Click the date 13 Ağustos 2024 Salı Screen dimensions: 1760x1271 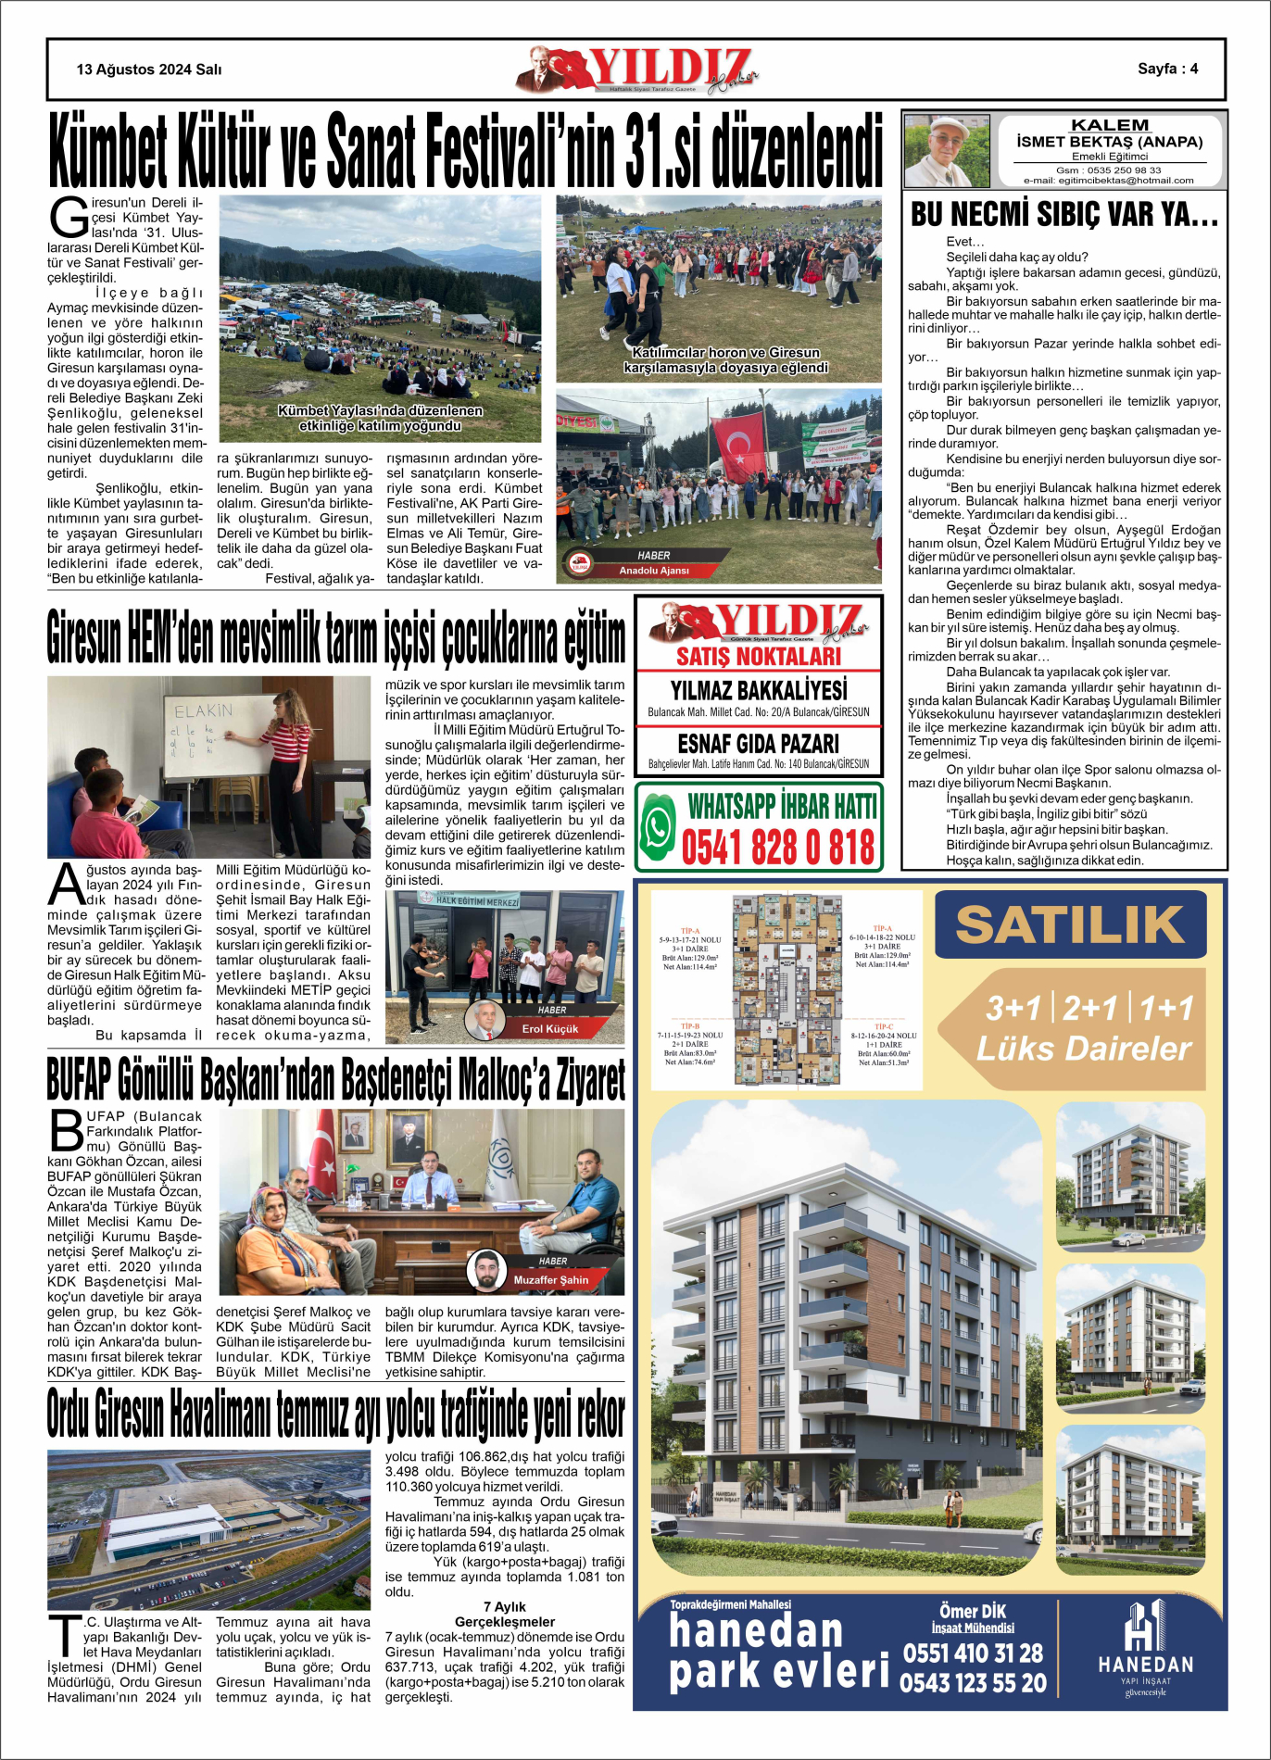pos(148,69)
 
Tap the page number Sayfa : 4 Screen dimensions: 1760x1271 pos(1167,69)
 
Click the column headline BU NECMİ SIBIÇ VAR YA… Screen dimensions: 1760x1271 pos(1064,214)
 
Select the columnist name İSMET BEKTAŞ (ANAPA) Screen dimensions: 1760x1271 pos(1109,142)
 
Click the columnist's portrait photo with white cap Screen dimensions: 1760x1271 pos(946,150)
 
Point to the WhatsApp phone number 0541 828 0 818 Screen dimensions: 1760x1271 pos(777,848)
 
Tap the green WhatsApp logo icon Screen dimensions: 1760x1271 pos(659,826)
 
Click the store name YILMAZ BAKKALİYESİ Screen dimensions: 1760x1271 pos(758,690)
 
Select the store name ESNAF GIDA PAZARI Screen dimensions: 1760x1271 pos(758,743)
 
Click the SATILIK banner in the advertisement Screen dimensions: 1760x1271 pos(1069,924)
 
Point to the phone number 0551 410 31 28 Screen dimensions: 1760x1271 pos(973,1653)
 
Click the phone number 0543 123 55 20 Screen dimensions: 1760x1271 pos(973,1682)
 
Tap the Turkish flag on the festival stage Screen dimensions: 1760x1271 pos(738,446)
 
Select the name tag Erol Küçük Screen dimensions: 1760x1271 pos(550,1028)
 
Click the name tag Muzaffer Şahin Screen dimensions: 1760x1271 pos(550,1279)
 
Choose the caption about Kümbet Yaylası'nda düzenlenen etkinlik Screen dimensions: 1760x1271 pos(380,418)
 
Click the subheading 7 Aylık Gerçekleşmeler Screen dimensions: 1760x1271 pos(505,1614)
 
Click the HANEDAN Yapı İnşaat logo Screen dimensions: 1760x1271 pos(1146,1650)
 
